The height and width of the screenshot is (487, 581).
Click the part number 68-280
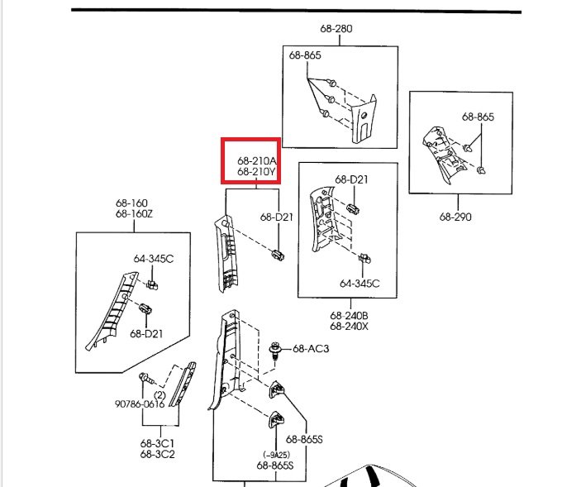pyautogui.click(x=336, y=28)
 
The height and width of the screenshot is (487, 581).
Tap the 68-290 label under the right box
pyautogui.click(x=455, y=217)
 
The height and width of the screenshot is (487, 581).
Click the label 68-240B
pyautogui.click(x=349, y=315)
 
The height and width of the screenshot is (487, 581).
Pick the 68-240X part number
pyautogui.click(x=349, y=326)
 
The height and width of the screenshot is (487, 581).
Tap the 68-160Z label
pyautogui.click(x=134, y=215)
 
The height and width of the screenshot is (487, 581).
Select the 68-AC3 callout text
pyautogui.click(x=311, y=349)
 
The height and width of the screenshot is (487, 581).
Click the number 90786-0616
pyautogui.click(x=137, y=405)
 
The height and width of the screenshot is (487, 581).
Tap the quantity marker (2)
pyautogui.click(x=160, y=395)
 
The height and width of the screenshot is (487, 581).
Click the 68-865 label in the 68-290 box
pyautogui.click(x=478, y=117)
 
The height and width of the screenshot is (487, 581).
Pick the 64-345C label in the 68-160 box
pyautogui.click(x=154, y=259)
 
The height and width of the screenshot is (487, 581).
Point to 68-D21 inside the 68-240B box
pyautogui.click(x=351, y=179)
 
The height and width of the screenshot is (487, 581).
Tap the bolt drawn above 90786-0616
pyautogui.click(x=145, y=380)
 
